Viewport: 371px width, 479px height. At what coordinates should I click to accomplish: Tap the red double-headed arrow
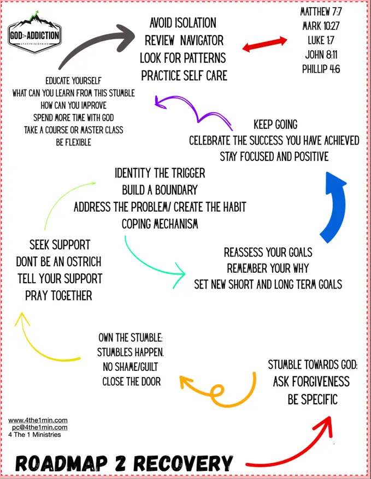coord(264,44)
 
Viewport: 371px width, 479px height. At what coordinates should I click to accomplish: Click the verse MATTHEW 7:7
coord(321,12)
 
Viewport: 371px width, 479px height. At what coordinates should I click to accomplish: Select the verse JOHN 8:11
coord(321,55)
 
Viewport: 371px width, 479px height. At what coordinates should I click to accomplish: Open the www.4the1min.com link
coord(38,420)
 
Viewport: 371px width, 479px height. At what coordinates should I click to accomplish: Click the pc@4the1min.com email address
coord(40,427)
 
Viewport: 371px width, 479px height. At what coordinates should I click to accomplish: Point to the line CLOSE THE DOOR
coord(132,381)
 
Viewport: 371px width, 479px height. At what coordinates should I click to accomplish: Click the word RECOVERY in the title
coord(183,463)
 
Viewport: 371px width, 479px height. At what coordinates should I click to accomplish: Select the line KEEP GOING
coord(275,124)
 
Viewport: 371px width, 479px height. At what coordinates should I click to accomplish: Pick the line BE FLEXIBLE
coord(73,142)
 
